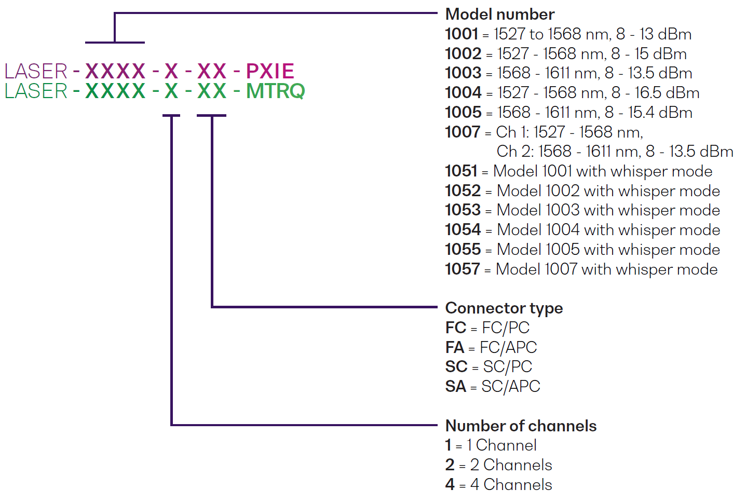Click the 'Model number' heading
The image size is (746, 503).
point(499,14)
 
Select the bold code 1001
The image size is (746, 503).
point(461,34)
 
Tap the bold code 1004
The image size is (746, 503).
point(463,93)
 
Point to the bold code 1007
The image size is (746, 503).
point(463,132)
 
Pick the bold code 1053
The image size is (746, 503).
point(463,210)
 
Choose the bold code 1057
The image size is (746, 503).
point(462,269)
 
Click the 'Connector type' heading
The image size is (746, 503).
point(504,308)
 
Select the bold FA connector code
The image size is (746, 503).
point(454,347)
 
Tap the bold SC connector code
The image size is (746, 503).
point(456,367)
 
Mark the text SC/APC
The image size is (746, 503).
point(510,387)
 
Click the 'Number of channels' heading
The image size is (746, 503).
point(521,426)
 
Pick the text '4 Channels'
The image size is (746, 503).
point(511,485)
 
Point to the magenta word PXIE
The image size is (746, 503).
point(270,71)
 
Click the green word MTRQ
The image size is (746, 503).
point(275,91)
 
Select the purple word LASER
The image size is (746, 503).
point(36,71)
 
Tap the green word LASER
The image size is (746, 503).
point(36,91)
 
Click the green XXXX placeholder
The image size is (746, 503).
point(115,91)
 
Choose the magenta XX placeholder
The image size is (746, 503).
point(212,71)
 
